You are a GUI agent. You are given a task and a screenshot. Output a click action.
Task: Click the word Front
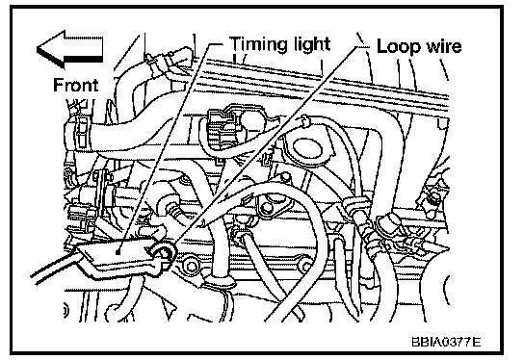point(75,85)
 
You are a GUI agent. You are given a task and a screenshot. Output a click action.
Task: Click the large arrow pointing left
point(70,49)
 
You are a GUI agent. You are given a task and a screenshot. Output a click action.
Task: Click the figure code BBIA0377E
point(446,342)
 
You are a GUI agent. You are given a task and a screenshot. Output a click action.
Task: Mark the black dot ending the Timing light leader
point(118,252)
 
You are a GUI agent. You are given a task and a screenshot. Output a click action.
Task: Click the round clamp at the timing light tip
point(164,253)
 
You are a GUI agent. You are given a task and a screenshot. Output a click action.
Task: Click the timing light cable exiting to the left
point(55,267)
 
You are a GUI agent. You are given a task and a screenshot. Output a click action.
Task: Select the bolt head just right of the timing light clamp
point(191,267)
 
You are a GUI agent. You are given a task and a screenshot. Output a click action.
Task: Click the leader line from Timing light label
point(165,148)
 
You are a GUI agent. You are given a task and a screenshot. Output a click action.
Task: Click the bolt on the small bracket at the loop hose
point(266,208)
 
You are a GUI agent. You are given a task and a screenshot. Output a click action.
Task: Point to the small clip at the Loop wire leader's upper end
point(304,121)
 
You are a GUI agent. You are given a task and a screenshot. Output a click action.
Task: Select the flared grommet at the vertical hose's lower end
point(219,281)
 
